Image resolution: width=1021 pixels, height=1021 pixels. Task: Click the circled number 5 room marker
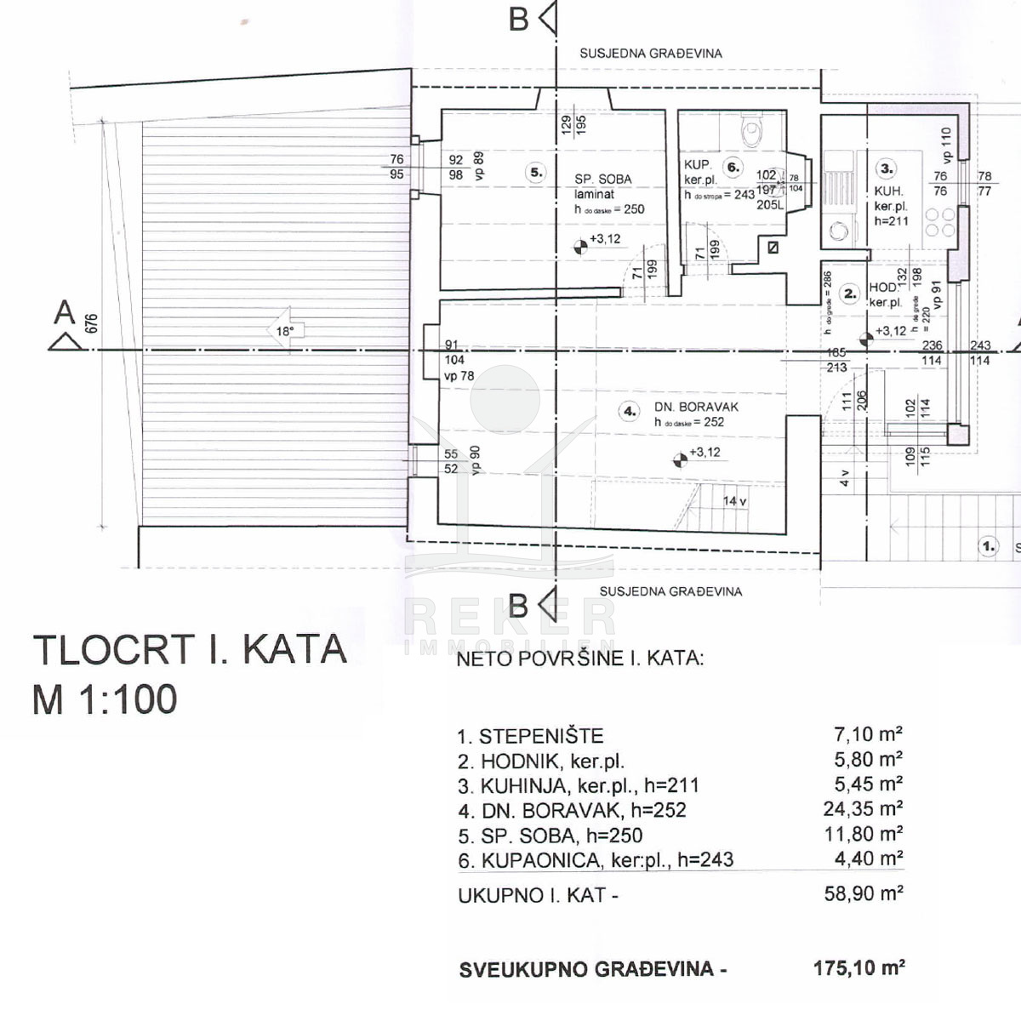tap(536, 172)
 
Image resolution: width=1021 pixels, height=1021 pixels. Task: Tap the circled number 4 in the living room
tap(630, 411)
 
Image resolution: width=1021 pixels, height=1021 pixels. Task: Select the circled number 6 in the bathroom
tap(733, 167)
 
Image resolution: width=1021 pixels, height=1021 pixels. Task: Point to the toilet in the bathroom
tap(751, 132)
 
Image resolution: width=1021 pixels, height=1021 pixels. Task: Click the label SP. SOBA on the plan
tap(603, 179)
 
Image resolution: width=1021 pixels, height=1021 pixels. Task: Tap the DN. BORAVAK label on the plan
tap(696, 407)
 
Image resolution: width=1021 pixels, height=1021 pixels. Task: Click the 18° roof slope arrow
tap(286, 331)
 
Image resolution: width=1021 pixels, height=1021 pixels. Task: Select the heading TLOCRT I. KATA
tap(190, 650)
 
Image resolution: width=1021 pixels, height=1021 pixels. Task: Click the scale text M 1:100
tap(105, 699)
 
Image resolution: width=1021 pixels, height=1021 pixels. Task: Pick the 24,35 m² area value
tap(863, 809)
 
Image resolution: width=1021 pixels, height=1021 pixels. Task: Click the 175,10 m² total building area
tap(858, 967)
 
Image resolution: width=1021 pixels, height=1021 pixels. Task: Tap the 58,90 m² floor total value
tap(863, 893)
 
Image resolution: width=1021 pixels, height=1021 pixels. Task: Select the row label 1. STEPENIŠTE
tap(530, 737)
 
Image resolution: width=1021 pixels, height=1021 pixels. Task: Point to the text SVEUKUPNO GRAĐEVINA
tap(593, 969)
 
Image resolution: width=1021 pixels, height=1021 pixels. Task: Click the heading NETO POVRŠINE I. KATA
tap(580, 659)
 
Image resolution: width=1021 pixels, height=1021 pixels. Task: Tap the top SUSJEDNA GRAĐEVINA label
tap(651, 53)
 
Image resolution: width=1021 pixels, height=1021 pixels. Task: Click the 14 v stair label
tap(734, 501)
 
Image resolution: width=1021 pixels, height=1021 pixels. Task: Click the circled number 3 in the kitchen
tap(887, 168)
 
